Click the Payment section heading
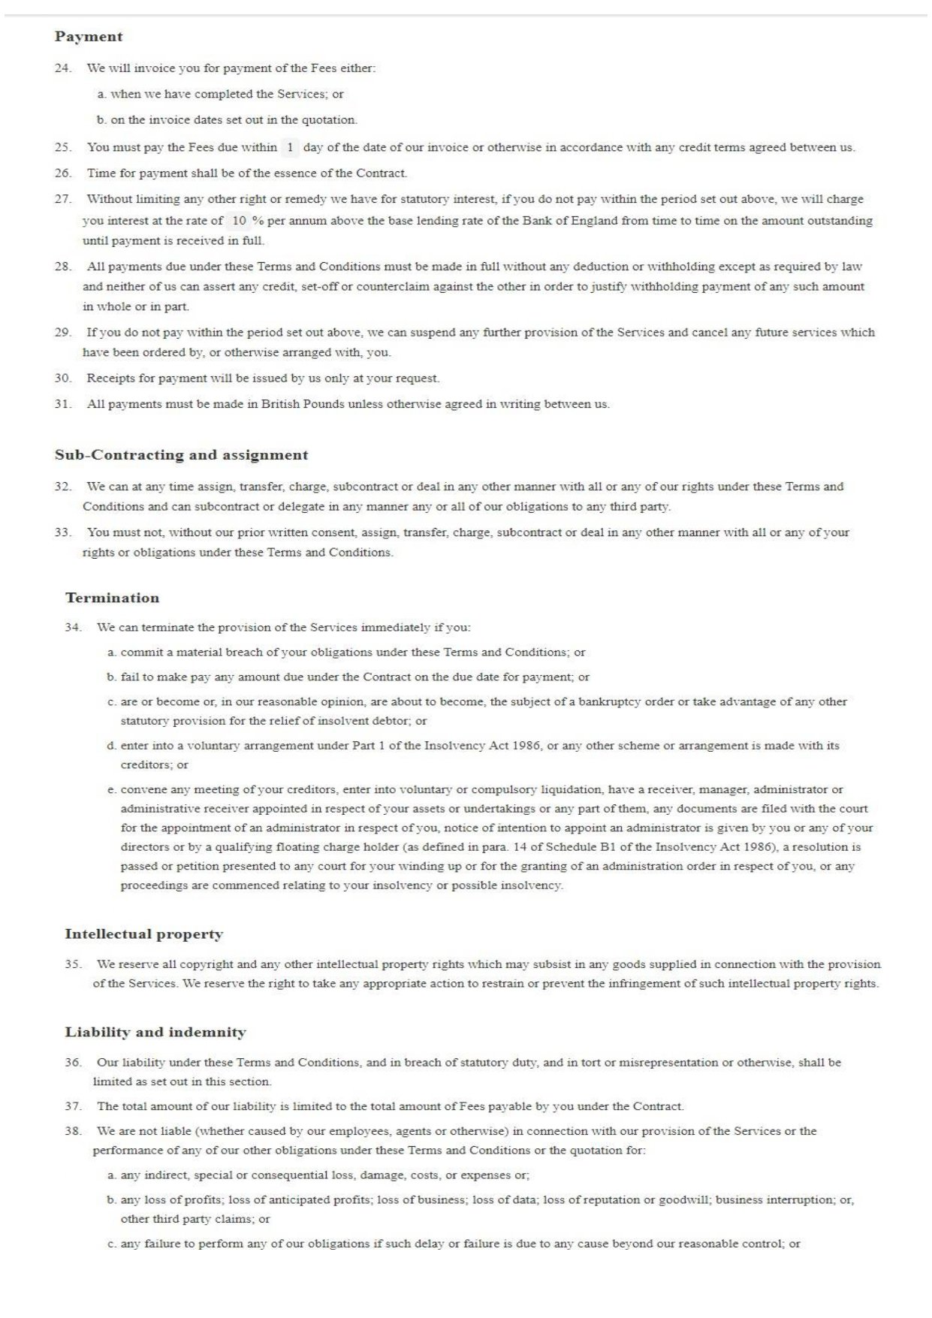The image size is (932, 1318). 89,37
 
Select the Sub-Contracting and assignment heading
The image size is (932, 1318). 181,455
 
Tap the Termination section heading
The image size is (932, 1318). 112,599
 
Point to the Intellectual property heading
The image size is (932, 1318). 143,935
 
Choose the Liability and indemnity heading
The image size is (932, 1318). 155,1033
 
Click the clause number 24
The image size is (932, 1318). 63,68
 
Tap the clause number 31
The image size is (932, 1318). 63,404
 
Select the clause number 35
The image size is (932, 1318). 73,964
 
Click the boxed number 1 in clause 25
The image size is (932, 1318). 290,147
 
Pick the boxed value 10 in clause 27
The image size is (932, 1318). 239,221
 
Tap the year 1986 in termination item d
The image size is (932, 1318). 526,746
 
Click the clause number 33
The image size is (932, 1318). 63,532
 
